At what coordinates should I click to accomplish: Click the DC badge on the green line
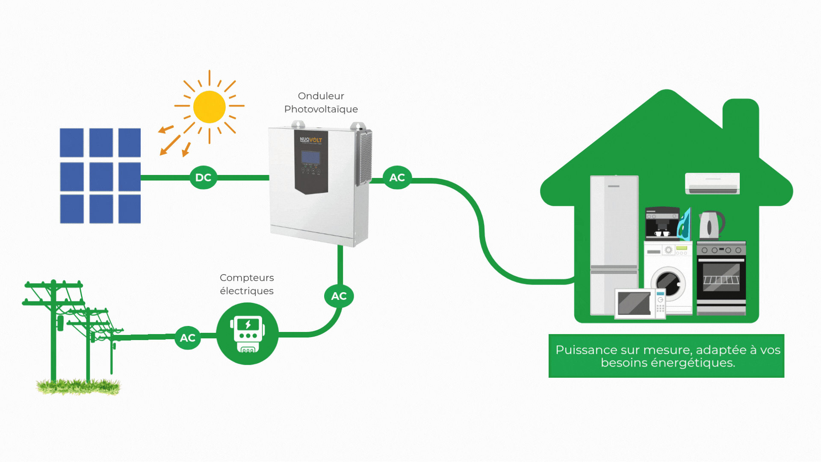(203, 178)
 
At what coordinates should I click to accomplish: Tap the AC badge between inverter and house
(397, 178)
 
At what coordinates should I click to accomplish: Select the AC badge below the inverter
(339, 296)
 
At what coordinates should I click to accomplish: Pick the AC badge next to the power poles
(188, 338)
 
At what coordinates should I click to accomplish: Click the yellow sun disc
(209, 107)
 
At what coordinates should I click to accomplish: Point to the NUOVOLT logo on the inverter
(311, 140)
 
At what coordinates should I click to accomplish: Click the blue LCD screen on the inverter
(311, 157)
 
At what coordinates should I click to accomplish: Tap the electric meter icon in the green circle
(248, 334)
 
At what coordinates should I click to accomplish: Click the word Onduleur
(321, 96)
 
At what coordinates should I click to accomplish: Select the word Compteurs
(247, 278)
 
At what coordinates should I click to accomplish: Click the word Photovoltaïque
(321, 109)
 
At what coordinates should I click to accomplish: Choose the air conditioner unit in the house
(712, 184)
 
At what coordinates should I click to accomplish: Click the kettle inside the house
(711, 225)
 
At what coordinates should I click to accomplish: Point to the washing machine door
(668, 282)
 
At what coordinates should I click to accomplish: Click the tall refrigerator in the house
(614, 244)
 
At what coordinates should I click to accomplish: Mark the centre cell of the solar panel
(101, 176)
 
